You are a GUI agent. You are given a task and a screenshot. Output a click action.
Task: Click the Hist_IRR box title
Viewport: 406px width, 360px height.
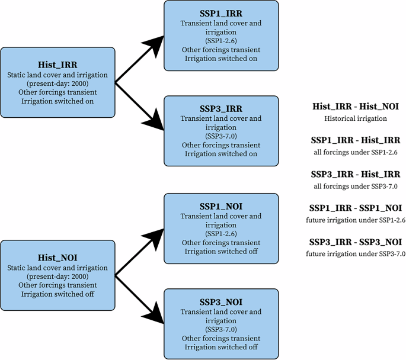pyautogui.click(x=57, y=65)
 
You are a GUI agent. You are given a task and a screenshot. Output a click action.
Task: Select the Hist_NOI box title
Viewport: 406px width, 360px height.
pyautogui.click(x=57, y=258)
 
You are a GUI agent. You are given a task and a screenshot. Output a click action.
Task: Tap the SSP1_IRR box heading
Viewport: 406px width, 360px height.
pyautogui.click(x=220, y=13)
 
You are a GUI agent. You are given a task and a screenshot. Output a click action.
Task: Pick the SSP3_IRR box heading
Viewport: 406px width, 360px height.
pyautogui.click(x=220, y=109)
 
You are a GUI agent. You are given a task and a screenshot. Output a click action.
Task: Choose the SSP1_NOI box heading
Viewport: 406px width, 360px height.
pyautogui.click(x=220, y=206)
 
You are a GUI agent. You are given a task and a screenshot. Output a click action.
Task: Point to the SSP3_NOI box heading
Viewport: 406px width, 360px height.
pyautogui.click(x=220, y=302)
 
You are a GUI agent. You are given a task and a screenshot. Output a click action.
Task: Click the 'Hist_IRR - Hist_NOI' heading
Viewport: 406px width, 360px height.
pyautogui.click(x=356, y=107)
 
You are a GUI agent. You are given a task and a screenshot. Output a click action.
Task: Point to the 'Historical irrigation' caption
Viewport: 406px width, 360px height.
pyautogui.click(x=356, y=118)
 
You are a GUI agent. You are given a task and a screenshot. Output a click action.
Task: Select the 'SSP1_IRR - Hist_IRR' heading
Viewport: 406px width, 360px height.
pyautogui.click(x=356, y=140)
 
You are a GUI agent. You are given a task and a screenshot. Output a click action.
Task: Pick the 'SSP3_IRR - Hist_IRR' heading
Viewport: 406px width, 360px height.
pyautogui.click(x=356, y=175)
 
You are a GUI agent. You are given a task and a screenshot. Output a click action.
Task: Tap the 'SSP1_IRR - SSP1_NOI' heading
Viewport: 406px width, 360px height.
pyautogui.click(x=356, y=208)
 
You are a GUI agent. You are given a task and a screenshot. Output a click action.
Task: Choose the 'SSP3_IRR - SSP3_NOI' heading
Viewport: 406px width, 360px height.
pyautogui.click(x=356, y=242)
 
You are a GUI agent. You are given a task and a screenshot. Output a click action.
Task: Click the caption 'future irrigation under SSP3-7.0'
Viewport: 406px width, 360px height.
pyautogui.click(x=356, y=254)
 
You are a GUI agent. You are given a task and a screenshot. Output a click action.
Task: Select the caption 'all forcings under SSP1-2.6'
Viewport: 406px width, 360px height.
pyautogui.click(x=356, y=152)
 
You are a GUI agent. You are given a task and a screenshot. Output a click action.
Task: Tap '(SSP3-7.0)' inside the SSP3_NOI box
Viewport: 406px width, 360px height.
pyautogui.click(x=220, y=329)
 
